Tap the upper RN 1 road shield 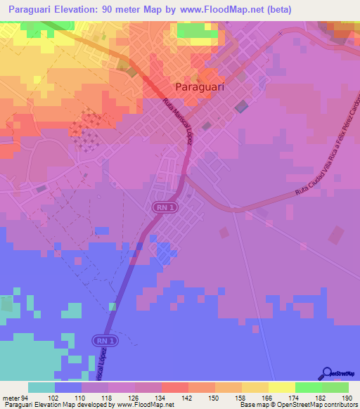162,207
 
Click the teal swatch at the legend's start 41,387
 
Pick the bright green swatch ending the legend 335,387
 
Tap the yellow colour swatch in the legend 281,387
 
